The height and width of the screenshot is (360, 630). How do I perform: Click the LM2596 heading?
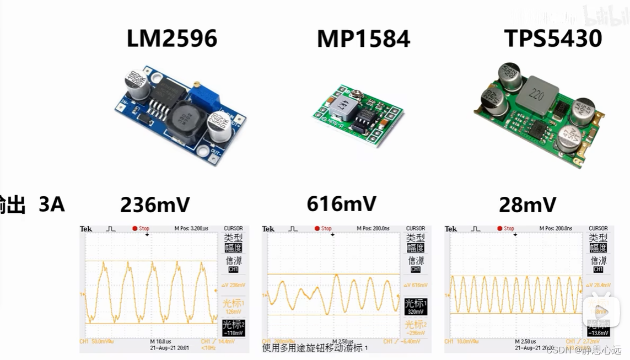pos(172,39)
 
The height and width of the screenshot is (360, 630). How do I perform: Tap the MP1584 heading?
pos(363,39)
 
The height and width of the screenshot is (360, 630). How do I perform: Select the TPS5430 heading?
pos(553,38)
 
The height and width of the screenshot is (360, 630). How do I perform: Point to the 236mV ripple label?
pos(155,205)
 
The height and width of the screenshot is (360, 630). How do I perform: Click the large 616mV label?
pos(341,204)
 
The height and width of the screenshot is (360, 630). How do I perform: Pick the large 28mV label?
pos(527,205)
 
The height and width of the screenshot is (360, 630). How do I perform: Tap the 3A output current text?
pos(52,205)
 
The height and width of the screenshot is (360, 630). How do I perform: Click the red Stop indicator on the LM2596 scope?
pos(141,228)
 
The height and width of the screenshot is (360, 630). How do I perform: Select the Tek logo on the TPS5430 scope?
pos(451,228)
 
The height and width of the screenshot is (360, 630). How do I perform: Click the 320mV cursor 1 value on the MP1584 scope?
pos(416,311)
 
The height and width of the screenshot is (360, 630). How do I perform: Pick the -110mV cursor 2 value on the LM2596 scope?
pos(233,334)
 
